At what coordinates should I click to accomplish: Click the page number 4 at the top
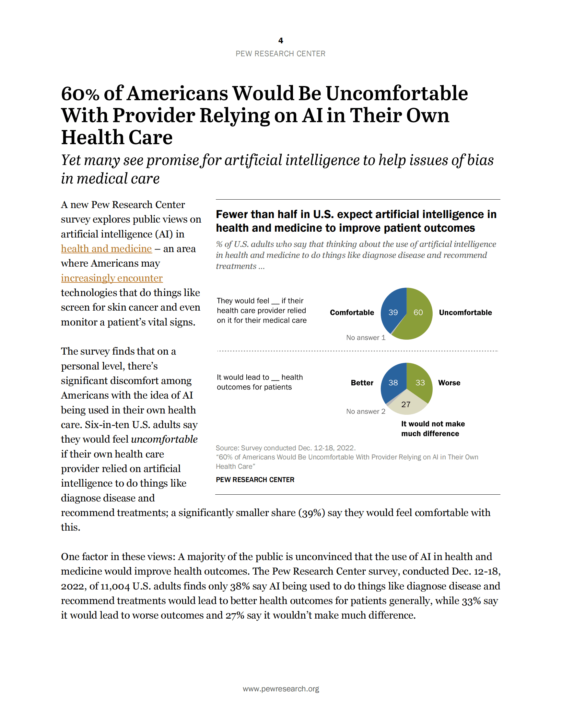[281, 40]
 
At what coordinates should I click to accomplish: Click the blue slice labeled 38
[393, 383]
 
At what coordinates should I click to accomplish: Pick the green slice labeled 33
[420, 383]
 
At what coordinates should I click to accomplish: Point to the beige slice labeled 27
[406, 404]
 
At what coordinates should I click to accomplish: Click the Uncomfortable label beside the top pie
[465, 313]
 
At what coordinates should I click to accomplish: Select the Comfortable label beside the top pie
[352, 313]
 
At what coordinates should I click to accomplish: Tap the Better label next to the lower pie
[362, 383]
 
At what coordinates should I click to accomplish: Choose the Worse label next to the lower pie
[449, 383]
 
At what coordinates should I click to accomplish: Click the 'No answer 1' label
[366, 338]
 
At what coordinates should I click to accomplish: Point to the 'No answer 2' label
[366, 412]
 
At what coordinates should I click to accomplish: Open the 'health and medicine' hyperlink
[106, 249]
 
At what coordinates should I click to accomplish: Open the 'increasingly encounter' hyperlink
[111, 278]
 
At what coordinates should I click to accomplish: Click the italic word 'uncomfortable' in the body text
[164, 439]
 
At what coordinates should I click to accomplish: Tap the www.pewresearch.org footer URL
[281, 689]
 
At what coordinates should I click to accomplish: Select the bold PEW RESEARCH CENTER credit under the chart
[255, 480]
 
